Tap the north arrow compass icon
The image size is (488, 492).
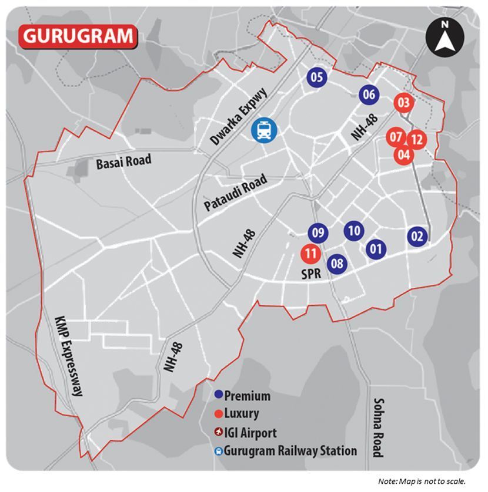[445, 38]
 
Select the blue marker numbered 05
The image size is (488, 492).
[317, 76]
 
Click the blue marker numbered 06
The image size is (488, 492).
[369, 94]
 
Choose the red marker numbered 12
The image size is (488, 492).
[417, 140]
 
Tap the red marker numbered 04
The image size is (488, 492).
[404, 155]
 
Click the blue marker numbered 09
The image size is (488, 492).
[318, 233]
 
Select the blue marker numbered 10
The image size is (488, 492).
[353, 230]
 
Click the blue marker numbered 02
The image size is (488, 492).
[417, 237]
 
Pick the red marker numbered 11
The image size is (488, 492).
[310, 254]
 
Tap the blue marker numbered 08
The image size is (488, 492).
[337, 264]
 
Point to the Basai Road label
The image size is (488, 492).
[123, 160]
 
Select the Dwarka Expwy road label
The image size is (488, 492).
[239, 117]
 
